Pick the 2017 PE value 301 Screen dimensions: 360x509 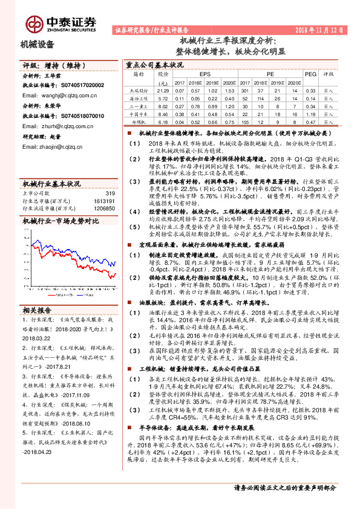tap(245, 89)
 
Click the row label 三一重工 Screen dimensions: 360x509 tap(138, 105)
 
